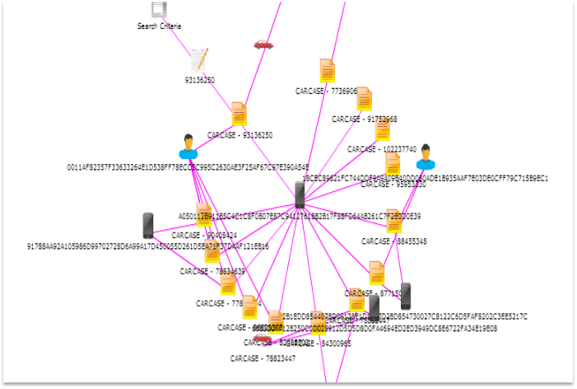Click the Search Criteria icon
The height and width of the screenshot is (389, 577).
[x=159, y=9]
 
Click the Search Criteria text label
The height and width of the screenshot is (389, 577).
[x=159, y=26]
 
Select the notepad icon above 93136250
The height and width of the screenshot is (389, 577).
[x=199, y=59]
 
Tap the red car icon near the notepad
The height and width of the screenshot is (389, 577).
[x=263, y=45]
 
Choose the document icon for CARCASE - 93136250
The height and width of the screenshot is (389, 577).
[x=239, y=114]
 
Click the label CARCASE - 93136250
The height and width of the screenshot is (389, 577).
[x=240, y=135]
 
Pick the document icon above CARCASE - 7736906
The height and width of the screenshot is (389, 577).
[x=327, y=71]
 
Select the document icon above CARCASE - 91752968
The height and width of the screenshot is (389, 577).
[x=364, y=98]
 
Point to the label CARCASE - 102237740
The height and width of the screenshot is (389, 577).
[x=382, y=149]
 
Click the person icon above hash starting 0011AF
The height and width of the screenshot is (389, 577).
[x=188, y=147]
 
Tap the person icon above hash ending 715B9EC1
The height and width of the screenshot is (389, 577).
[x=425, y=157]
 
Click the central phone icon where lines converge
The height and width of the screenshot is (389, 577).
[x=300, y=195]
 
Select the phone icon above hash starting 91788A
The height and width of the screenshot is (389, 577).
[x=148, y=225]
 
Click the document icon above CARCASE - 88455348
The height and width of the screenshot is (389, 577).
[x=393, y=221]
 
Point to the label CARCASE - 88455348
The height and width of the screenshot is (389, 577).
[x=394, y=241]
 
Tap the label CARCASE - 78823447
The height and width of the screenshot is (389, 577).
[x=263, y=359]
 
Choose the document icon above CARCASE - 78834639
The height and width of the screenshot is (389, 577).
[x=212, y=251]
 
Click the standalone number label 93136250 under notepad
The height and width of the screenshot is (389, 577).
[x=199, y=80]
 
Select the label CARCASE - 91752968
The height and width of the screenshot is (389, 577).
[x=365, y=119]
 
